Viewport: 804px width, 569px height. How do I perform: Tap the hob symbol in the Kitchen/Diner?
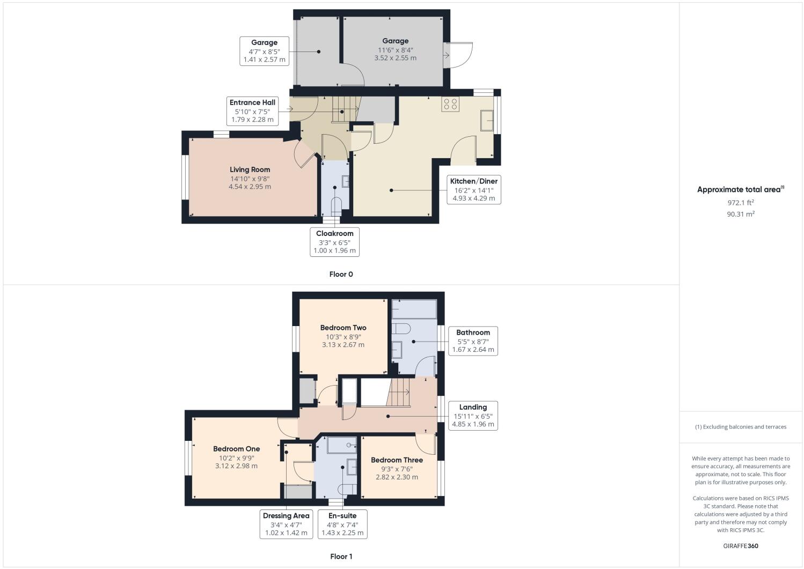pos(450,104)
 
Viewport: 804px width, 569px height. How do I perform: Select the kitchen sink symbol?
pos(488,120)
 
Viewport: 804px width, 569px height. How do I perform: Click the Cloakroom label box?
pos(334,242)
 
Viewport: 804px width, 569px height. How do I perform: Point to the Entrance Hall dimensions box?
pos(252,111)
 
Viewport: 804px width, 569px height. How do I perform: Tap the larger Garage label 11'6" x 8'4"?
pos(395,49)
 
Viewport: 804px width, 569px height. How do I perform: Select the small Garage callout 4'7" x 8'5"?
pos(264,51)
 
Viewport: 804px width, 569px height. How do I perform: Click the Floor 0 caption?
pos(341,274)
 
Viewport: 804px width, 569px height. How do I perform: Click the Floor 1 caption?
pos(341,556)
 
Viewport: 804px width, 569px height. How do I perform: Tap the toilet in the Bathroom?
pos(401,328)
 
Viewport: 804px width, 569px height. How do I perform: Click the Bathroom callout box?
pos(473,341)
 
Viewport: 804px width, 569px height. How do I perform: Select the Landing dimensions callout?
pos(473,416)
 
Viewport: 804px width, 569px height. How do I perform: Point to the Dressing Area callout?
pos(286,524)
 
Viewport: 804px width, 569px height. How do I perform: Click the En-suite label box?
pos(342,524)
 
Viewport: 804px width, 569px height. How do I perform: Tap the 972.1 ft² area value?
pos(741,203)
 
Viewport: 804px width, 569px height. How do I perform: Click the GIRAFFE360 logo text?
pos(741,546)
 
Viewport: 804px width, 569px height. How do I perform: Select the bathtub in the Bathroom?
pos(414,309)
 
